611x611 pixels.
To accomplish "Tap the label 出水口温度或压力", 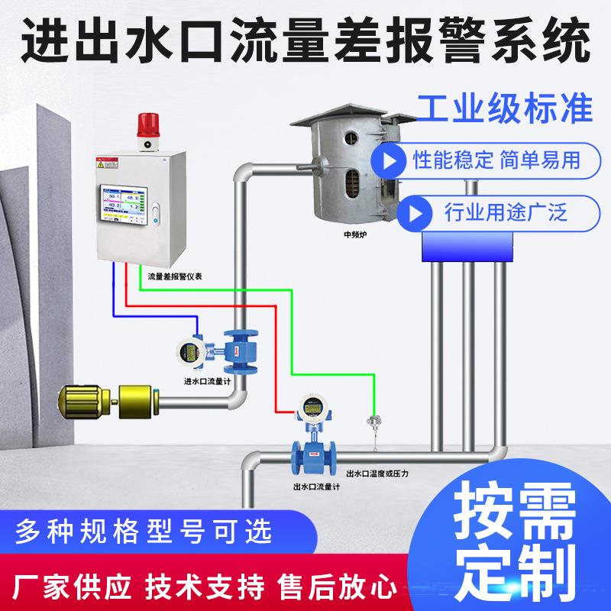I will (377, 474).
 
